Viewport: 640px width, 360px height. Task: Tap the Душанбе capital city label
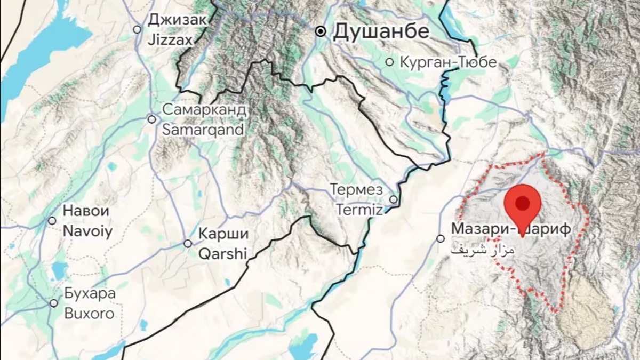[381, 31]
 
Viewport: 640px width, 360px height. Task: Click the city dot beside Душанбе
[321, 31]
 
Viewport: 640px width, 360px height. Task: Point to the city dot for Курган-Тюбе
[390, 62]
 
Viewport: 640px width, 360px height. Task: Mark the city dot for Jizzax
[137, 30]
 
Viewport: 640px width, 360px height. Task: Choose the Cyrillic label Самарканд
[204, 110]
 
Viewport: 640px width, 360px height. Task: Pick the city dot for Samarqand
[152, 119]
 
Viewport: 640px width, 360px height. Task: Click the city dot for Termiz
[394, 199]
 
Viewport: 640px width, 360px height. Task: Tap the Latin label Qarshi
[223, 253]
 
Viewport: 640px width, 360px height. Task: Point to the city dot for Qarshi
[188, 244]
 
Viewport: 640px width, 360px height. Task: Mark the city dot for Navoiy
[52, 221]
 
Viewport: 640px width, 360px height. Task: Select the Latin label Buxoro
[89, 313]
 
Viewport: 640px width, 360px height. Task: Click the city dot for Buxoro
[54, 303]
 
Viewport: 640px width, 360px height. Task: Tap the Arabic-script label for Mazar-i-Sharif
[483, 250]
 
